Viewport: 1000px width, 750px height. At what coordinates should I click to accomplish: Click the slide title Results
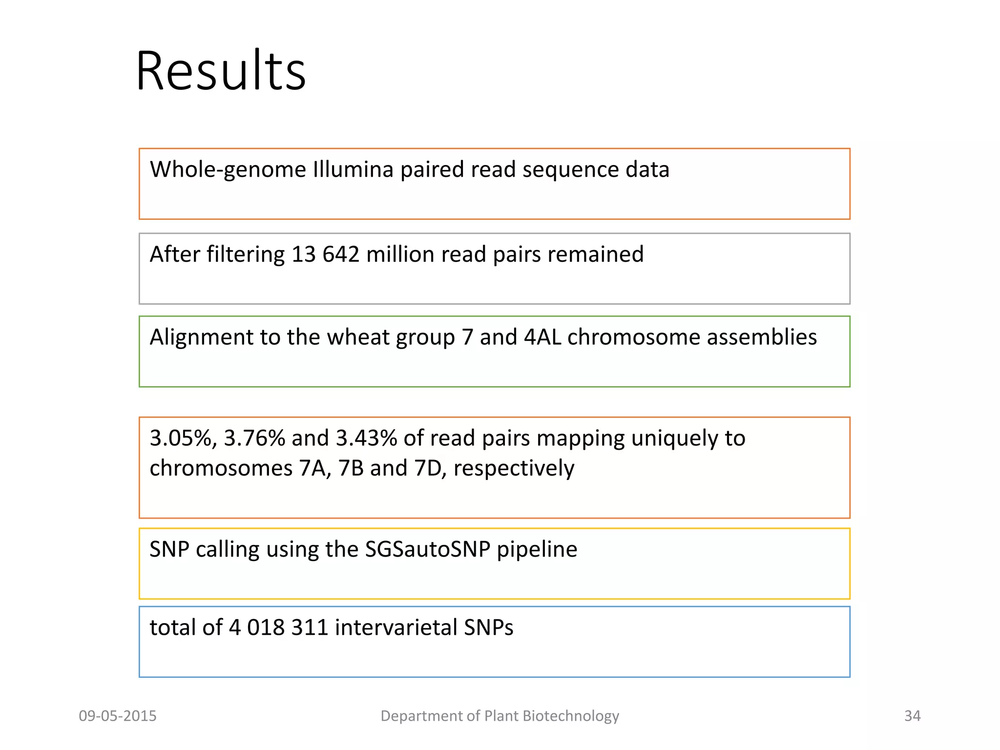(221, 71)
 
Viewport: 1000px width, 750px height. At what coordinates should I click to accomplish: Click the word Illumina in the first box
(353, 170)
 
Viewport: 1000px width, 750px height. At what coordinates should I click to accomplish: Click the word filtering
(245, 254)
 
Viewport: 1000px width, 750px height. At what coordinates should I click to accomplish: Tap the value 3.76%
(254, 438)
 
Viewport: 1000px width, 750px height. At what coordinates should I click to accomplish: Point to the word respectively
(514, 468)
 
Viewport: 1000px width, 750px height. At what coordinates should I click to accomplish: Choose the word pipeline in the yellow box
(537, 549)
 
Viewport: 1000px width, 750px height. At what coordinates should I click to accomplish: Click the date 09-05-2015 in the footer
(118, 716)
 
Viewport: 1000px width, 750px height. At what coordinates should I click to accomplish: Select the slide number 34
(912, 716)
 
